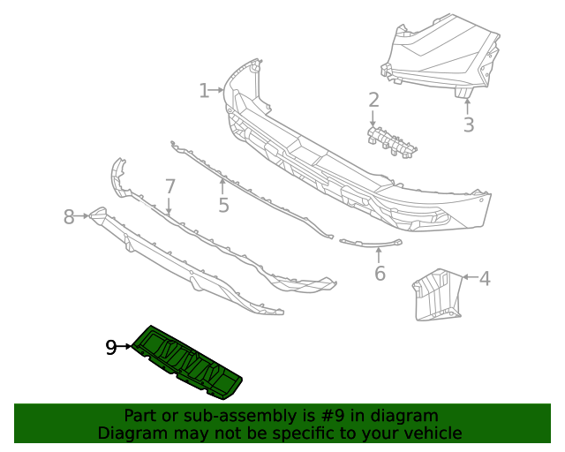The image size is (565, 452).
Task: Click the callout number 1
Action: [204, 90]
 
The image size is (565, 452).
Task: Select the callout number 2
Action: [373, 100]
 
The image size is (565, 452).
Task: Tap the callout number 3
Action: [468, 125]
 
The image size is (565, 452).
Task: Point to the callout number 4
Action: [485, 279]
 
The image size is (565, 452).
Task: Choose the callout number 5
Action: [223, 205]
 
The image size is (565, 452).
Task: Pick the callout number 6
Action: [380, 273]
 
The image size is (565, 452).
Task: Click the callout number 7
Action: [170, 186]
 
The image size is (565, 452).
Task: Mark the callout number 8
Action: [70, 216]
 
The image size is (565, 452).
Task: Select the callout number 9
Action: [111, 348]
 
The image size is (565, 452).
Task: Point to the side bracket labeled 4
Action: [435, 294]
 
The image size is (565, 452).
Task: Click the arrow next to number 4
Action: [469, 279]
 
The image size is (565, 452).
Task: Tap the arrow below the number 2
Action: [373, 118]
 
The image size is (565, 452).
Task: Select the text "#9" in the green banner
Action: [326, 416]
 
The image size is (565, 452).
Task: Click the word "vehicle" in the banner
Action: [431, 433]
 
